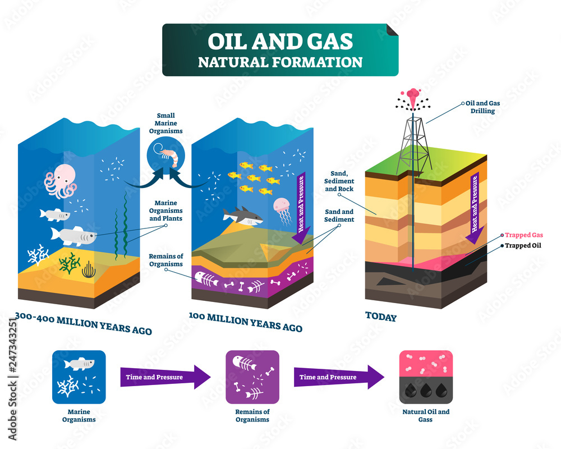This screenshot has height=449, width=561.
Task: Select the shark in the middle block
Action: (242, 216)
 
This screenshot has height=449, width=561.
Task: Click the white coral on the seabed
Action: (38, 254)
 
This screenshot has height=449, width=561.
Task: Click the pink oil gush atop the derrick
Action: (413, 94)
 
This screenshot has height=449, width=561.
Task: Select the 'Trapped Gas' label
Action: (524, 235)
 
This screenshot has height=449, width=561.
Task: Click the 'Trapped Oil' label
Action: (523, 245)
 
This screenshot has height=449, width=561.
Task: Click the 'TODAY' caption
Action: (381, 317)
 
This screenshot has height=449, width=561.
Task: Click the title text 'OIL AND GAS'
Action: (280, 41)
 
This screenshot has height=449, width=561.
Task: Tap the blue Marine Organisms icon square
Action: (79, 377)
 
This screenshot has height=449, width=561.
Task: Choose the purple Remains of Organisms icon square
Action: (252, 377)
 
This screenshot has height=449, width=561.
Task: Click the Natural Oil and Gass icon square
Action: (426, 377)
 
